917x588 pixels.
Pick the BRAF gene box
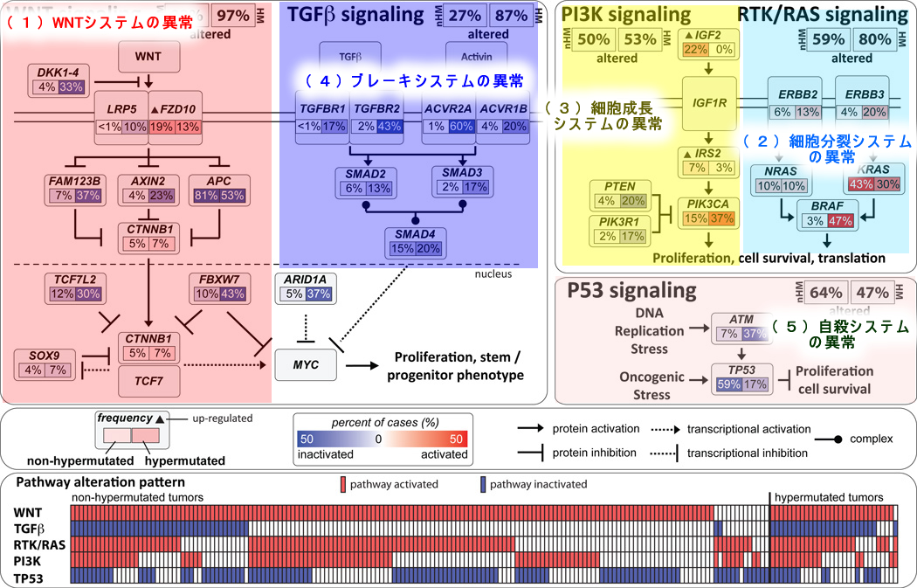coord(816,216)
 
